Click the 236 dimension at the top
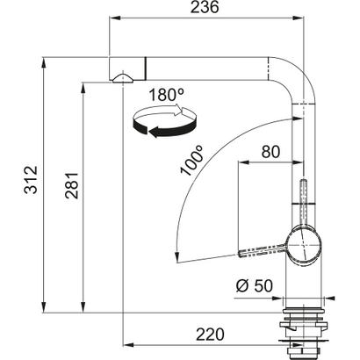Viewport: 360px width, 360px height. [209, 8]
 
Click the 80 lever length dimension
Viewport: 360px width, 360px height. [270, 153]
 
